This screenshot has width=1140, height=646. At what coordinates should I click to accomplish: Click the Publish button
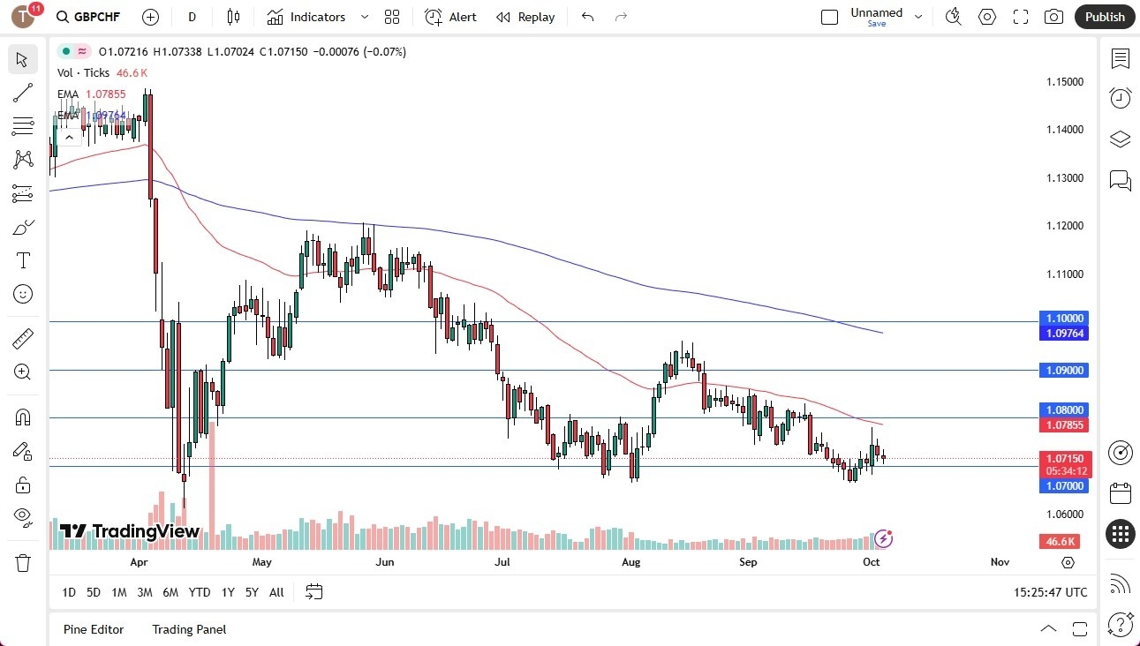[x=1104, y=17]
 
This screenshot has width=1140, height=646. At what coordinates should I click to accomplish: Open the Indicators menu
[x=317, y=17]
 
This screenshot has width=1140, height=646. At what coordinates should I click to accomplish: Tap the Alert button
[x=451, y=17]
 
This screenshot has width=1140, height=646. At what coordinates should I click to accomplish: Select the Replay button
[x=525, y=17]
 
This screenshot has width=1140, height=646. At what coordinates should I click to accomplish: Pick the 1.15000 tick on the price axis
[x=1064, y=82]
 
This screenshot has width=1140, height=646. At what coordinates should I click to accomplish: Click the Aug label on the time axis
[x=630, y=562]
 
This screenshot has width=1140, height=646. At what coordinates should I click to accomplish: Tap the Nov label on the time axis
[x=1000, y=562]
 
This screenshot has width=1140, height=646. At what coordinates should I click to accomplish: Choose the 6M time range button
[x=170, y=592]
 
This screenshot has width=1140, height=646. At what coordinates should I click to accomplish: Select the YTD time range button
[x=200, y=592]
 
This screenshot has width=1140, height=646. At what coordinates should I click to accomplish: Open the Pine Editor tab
[x=94, y=629]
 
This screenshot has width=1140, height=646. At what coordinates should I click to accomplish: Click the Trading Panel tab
[x=189, y=629]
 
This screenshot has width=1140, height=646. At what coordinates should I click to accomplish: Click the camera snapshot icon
[x=1053, y=17]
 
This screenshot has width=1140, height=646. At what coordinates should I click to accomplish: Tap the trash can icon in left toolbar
[x=23, y=563]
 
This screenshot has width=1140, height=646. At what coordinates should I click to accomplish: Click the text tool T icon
[x=23, y=260]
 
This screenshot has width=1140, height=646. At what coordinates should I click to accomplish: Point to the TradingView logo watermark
[x=129, y=531]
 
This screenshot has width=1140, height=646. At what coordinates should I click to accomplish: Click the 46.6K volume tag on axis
[x=1061, y=542]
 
